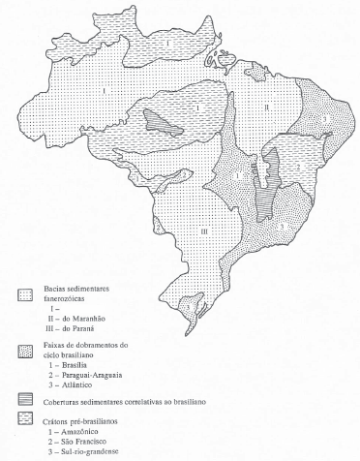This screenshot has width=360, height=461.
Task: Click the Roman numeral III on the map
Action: (x=204, y=230)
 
